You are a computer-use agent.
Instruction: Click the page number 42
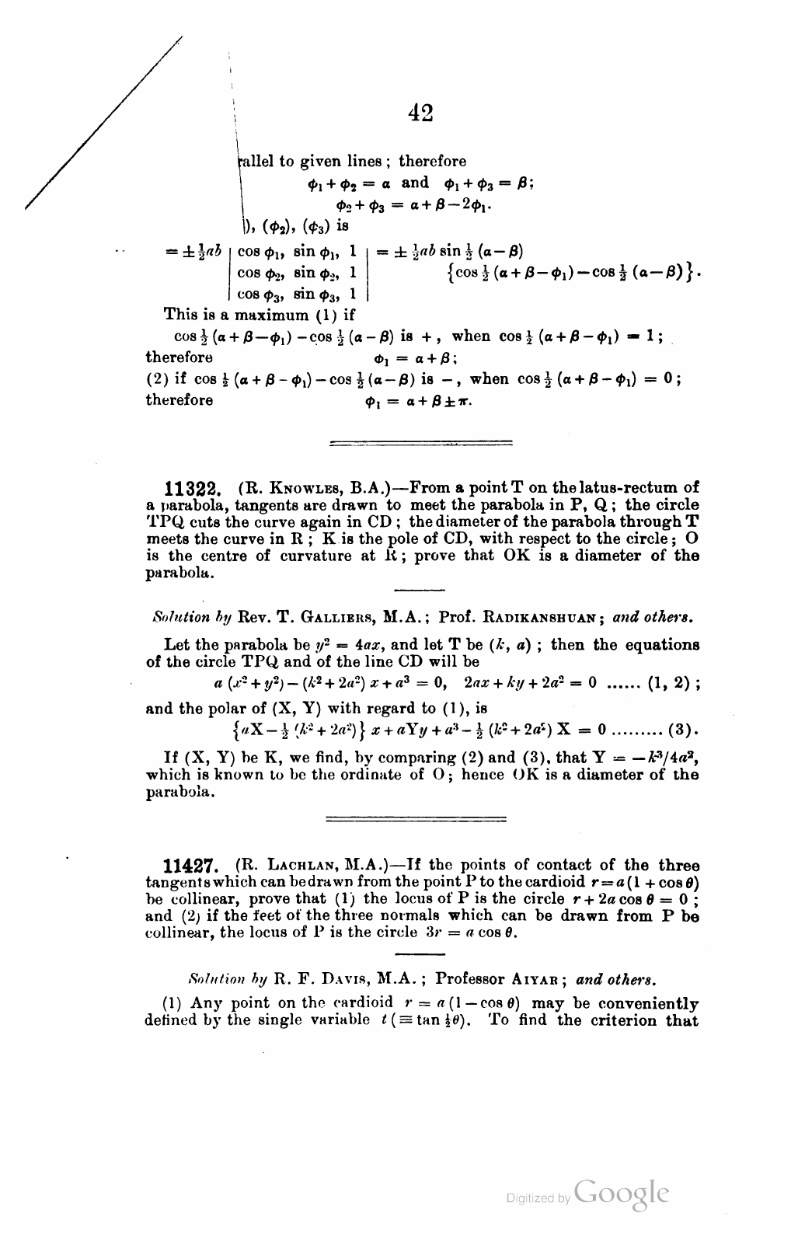[x=420, y=113]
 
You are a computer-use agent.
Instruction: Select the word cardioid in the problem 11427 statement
[x=550, y=883]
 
